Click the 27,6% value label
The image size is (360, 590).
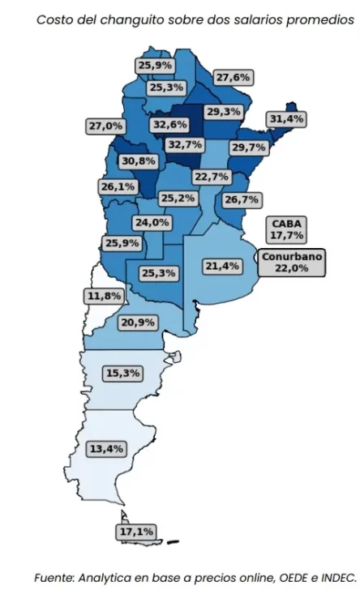pos(234,77)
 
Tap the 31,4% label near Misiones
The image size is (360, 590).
pos(286,119)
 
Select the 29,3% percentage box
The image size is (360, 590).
pos(223,112)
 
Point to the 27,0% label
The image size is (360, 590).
pos(105,126)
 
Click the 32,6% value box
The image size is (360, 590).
pos(169,125)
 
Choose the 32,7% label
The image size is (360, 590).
pos(185,145)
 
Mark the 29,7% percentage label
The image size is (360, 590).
pos(249,147)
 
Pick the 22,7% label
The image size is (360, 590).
pos(212,177)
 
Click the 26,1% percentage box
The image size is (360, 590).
pos(118,186)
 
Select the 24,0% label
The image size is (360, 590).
pos(152,222)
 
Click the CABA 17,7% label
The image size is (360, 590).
pos(287,229)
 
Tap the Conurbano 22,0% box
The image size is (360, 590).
pos(292,263)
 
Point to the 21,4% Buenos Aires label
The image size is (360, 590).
pos(221,266)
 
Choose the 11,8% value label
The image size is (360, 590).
pos(104,296)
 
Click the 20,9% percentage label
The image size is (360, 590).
pos(138,323)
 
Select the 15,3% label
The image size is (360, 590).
pos(122,374)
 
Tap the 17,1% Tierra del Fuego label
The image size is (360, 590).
pos(135,532)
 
